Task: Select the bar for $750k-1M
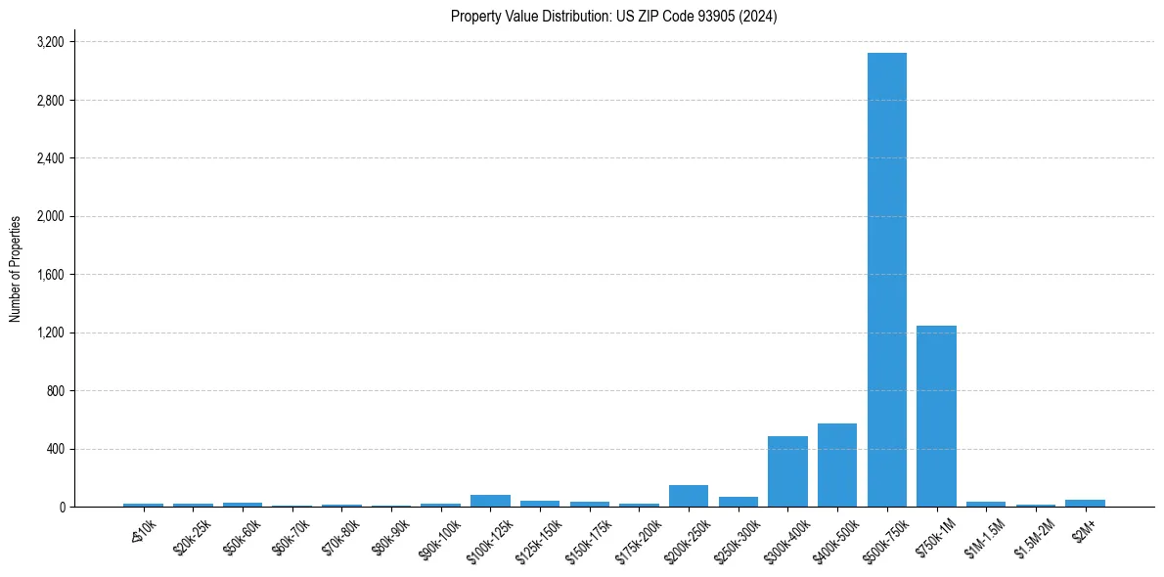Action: coord(936,416)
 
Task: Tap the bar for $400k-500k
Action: coord(837,465)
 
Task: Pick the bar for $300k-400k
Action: coord(787,471)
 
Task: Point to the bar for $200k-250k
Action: coord(689,496)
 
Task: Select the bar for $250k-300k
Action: coord(739,502)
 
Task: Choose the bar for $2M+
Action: coord(1085,503)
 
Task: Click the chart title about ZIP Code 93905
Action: coord(613,17)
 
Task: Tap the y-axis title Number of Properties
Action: coord(16,269)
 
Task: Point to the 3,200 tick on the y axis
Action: coord(50,43)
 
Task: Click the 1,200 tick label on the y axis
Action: coord(50,333)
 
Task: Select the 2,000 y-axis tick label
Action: coord(50,217)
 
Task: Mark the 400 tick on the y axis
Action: coord(54,450)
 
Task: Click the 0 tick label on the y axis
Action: coord(61,508)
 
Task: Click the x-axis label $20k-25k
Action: coord(191,536)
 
